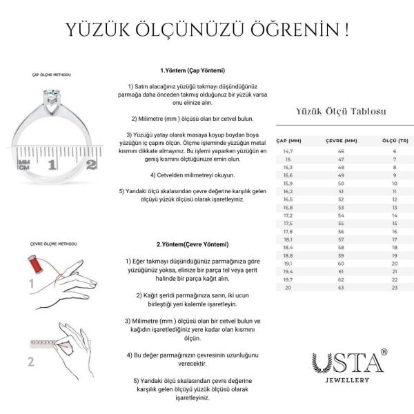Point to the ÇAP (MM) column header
288,140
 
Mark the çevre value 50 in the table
340,183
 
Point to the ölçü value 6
395,150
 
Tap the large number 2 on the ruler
92,164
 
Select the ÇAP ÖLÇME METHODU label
50,75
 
